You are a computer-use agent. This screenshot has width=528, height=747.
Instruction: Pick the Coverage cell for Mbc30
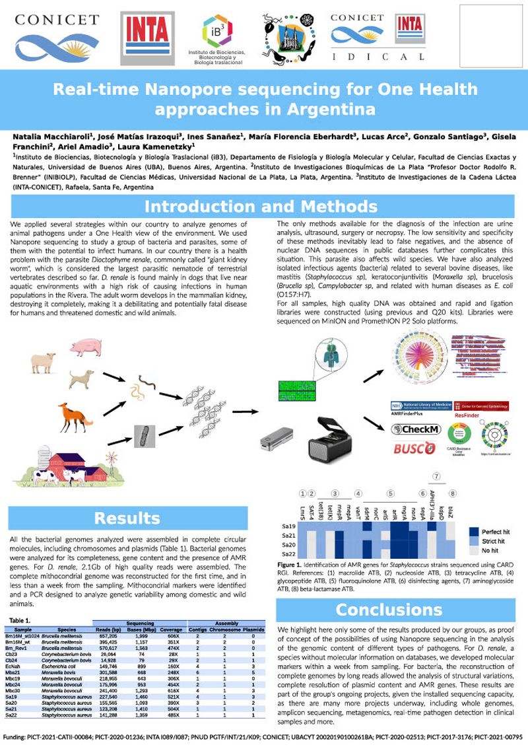172,691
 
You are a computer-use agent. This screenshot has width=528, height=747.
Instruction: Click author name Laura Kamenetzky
159,146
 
